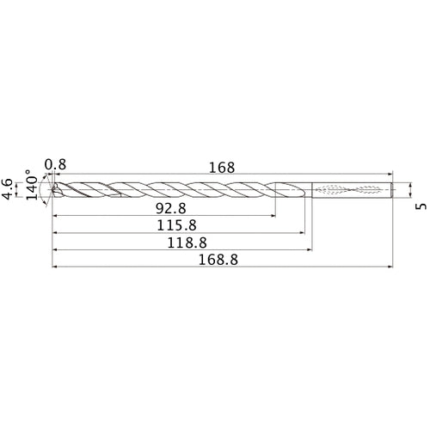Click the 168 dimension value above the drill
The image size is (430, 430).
[x=222, y=169]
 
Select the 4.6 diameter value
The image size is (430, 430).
[x=8, y=189]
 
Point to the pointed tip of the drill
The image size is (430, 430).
[x=53, y=189]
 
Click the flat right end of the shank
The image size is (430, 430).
[x=393, y=189]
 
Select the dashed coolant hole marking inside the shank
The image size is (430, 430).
[x=353, y=189]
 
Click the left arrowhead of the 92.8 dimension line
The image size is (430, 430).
[x=57, y=216]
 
